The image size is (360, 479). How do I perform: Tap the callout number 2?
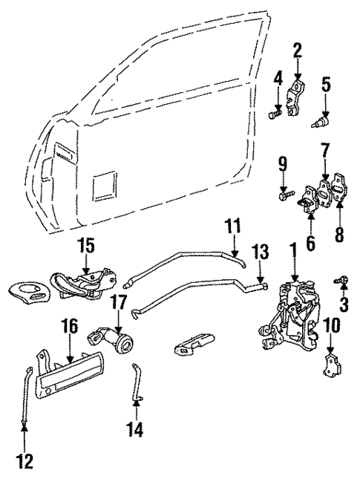pos(297,51)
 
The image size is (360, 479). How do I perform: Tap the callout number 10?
pos(330,324)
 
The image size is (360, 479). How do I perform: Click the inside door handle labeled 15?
pos(82,284)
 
